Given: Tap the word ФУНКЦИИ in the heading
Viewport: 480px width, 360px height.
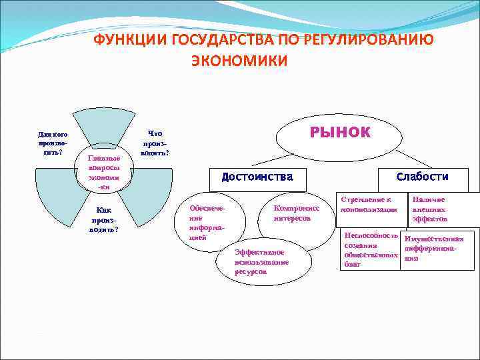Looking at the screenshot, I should tap(131, 40).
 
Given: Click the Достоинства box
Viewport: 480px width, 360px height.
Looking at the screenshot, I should tap(257, 177).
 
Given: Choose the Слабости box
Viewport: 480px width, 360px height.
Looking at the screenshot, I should tap(422, 177).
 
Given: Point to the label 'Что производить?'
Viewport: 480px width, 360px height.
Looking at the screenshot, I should tap(155, 143).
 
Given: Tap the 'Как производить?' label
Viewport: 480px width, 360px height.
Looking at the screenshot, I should tap(103, 219).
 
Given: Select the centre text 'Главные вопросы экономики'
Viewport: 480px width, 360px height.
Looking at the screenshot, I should tap(103, 173).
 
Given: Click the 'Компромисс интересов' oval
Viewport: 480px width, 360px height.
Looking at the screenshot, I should tap(297, 214).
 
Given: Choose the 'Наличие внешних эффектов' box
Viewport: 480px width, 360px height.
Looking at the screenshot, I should tap(431, 209).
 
